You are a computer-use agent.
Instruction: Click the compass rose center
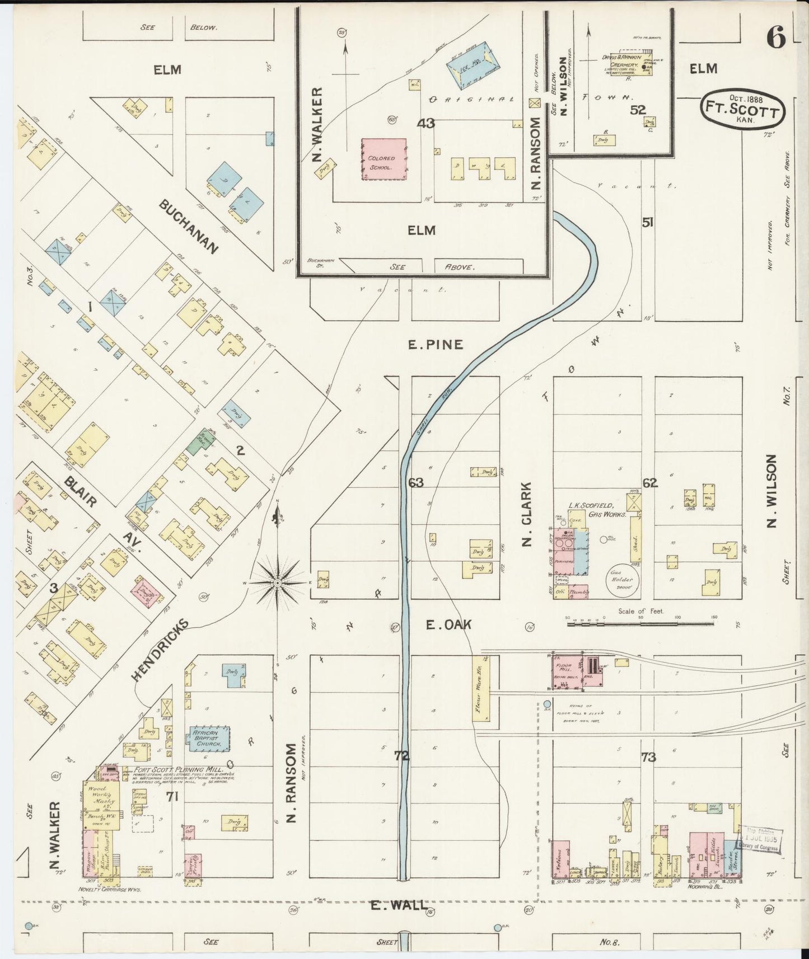278,583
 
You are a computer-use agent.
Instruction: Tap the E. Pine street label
436,345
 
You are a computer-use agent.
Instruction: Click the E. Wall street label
399,920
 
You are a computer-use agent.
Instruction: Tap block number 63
416,483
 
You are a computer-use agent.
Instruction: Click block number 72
402,756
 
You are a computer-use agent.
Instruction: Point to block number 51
648,223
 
